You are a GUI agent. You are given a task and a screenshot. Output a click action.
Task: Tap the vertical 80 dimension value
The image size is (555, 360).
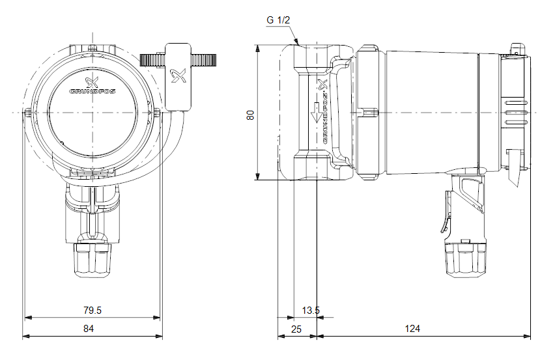point(249,114)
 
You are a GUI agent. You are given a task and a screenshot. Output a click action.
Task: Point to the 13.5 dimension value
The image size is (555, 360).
point(311,311)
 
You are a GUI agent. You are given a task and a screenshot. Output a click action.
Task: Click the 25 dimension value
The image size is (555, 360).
point(296,329)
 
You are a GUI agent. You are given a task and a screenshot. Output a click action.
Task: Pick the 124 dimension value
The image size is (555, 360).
point(412,329)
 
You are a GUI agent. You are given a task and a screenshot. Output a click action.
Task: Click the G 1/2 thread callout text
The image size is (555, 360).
point(278,20)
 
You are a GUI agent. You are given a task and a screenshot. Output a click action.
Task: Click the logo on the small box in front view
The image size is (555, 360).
point(178,77)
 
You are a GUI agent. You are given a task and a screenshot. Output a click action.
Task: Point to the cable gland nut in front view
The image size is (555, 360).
point(92,257)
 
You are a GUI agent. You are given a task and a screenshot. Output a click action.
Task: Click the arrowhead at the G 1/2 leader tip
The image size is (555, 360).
point(299,43)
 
